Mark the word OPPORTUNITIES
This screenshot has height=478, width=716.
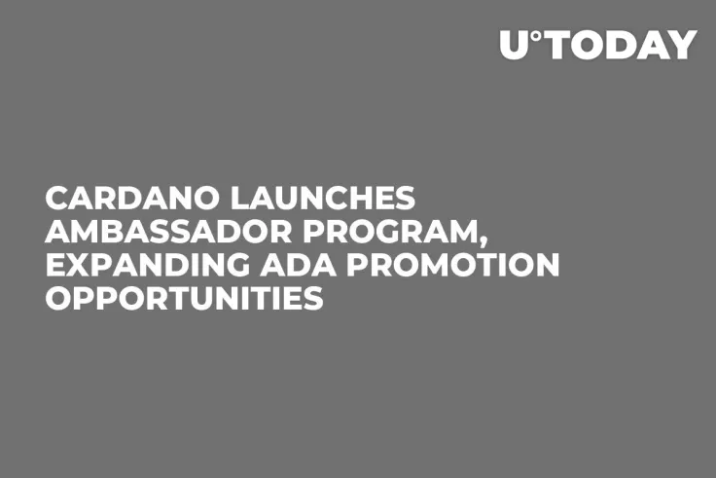[x=185, y=298]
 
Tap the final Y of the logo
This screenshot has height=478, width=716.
[x=685, y=46]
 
